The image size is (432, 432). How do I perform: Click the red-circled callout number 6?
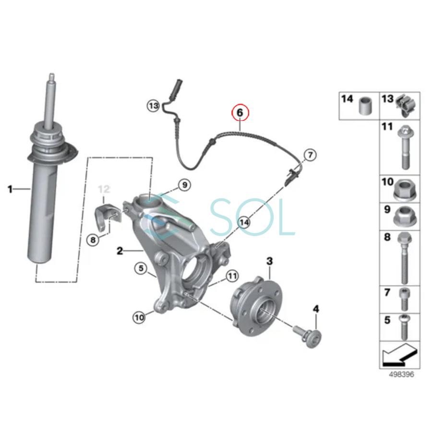pyautogui.click(x=240, y=113)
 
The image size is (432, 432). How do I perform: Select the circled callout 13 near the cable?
pyautogui.click(x=153, y=105)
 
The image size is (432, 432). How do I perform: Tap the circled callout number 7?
pyautogui.click(x=310, y=155)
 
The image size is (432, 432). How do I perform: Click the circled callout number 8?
pyautogui.click(x=93, y=239)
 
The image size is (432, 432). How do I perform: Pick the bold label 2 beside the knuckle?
pyautogui.click(x=120, y=250)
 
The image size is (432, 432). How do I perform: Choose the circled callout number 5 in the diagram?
pyautogui.click(x=140, y=269)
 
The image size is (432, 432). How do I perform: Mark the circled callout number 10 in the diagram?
pyautogui.click(x=139, y=316)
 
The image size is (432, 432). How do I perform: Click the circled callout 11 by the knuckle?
pyautogui.click(x=232, y=276)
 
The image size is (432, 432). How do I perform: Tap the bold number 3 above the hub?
pyautogui.click(x=270, y=261)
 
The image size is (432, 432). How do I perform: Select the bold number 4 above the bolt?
pyautogui.click(x=315, y=308)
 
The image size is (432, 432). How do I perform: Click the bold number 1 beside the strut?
pyautogui.click(x=10, y=190)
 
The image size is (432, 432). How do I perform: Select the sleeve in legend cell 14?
pyautogui.click(x=366, y=106)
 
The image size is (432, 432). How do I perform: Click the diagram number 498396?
pyautogui.click(x=401, y=374)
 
